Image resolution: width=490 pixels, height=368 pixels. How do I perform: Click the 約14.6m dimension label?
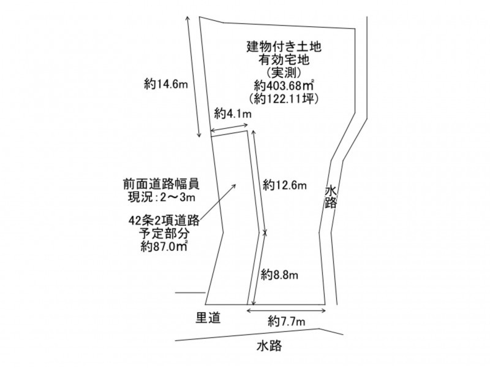[x=166, y=84]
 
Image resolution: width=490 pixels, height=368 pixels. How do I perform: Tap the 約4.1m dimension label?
[x=233, y=114]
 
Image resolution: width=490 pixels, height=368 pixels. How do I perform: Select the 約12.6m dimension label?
[x=285, y=185]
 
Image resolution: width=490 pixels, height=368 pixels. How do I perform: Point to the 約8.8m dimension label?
[x=279, y=275]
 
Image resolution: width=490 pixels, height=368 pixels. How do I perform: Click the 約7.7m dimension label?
[x=286, y=321]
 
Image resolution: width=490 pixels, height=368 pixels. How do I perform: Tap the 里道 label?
[x=208, y=318]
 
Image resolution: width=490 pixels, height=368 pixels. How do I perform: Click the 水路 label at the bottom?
[x=269, y=346]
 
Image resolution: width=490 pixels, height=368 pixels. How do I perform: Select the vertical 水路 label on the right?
[x=331, y=196]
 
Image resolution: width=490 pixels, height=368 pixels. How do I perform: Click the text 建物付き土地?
[x=284, y=47]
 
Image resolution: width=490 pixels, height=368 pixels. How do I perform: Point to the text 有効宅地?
[x=284, y=59]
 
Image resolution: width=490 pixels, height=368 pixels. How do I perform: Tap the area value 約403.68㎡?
[x=284, y=85]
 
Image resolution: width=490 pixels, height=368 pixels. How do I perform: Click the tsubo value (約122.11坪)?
[x=284, y=98]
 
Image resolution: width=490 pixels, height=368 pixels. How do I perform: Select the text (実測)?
[x=284, y=72]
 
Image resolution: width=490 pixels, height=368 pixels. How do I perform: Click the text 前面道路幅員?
[x=161, y=184]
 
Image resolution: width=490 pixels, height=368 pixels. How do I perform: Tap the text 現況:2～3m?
[x=162, y=197]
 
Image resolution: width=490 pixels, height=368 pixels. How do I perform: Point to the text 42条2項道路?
[x=164, y=221]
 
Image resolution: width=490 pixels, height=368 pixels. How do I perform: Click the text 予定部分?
[x=164, y=234]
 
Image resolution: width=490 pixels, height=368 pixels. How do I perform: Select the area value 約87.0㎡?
[x=164, y=247]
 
